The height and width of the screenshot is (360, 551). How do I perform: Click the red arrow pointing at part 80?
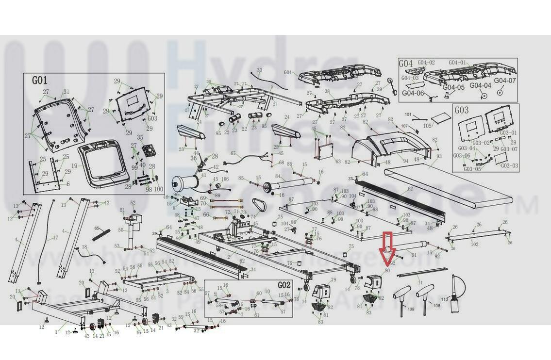tap(387, 247)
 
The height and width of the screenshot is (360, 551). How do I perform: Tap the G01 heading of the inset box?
tap(40, 81)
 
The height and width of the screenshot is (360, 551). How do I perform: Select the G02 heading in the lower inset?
tap(284, 285)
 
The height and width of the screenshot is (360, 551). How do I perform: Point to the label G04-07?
tap(505, 81)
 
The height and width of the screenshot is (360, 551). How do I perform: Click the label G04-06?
tap(413, 93)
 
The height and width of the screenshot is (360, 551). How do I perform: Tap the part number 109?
tap(411, 309)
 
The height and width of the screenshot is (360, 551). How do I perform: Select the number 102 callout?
tap(474, 245)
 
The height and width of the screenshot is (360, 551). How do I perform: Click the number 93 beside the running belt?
tap(439, 156)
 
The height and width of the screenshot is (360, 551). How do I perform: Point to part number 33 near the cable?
tap(259, 70)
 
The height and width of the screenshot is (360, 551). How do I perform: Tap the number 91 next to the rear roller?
tap(414, 255)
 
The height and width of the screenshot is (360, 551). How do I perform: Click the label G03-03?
tap(508, 166)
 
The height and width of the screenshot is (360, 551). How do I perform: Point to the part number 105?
tap(427, 126)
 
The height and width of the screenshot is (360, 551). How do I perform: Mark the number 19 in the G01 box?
tap(74, 166)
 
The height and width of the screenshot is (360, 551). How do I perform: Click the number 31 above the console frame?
tap(67, 92)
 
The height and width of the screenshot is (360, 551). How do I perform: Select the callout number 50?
tap(121, 230)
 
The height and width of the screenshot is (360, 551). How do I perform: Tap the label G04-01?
tap(457, 63)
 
